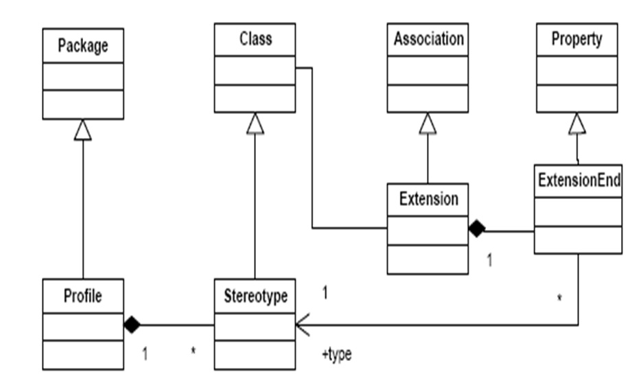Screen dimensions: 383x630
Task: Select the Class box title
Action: tap(255, 39)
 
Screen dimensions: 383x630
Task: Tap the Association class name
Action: tap(428, 39)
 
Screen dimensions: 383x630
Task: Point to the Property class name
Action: tap(576, 39)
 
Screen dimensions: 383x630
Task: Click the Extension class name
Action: tap(428, 199)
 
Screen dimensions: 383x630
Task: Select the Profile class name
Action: tap(82, 296)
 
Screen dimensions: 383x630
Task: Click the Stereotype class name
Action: tap(255, 296)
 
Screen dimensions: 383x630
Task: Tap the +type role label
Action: tap(336, 355)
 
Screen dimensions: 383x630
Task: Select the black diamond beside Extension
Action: tap(476, 229)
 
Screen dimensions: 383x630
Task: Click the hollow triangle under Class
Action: tap(255, 123)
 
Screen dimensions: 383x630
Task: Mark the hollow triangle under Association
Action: tap(428, 123)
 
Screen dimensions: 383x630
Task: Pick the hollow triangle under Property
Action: tap(577, 123)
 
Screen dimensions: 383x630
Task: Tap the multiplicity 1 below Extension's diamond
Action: tap(489, 261)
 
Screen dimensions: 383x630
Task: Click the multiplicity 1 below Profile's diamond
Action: tap(145, 354)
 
